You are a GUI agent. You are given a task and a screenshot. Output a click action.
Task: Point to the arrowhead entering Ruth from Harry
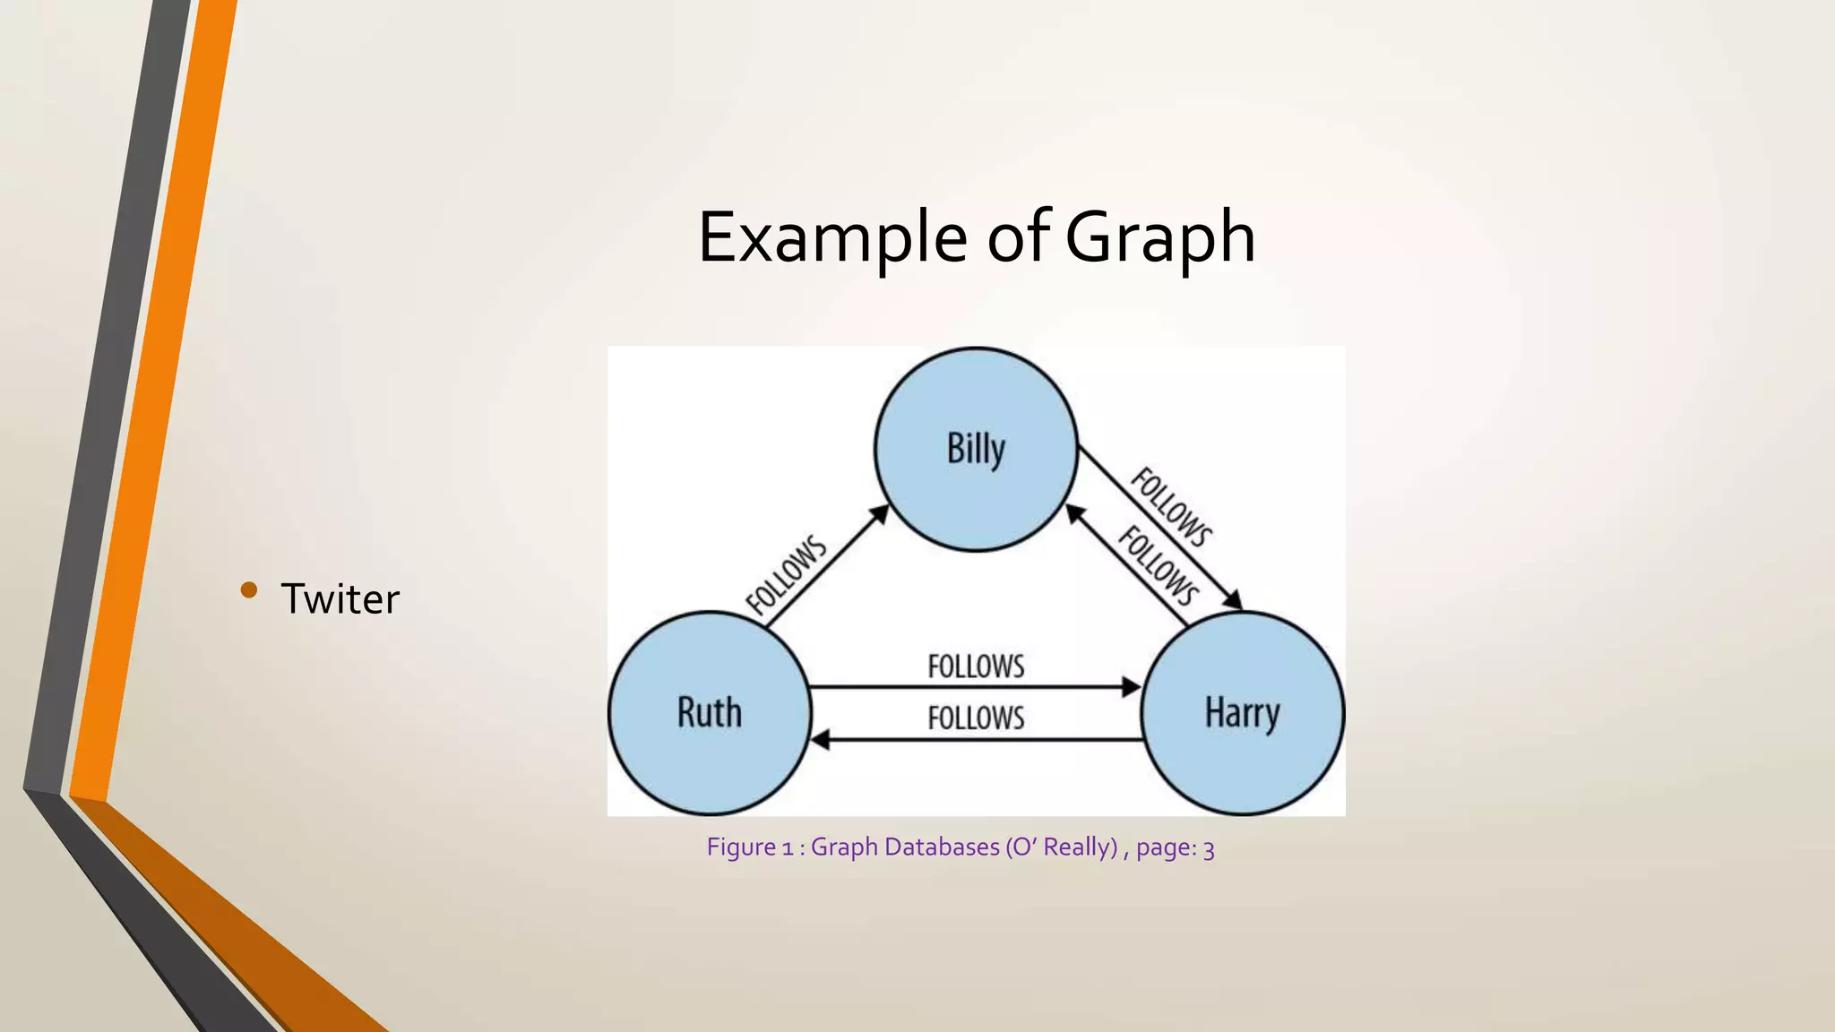coord(820,740)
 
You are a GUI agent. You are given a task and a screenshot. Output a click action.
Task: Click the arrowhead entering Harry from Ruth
coord(1132,687)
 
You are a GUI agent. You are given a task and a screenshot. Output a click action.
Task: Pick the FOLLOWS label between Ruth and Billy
coord(787,575)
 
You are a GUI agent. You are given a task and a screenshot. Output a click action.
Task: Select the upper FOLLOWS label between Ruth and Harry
coord(976,666)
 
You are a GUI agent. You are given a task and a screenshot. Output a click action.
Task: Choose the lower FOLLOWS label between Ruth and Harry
coord(976,718)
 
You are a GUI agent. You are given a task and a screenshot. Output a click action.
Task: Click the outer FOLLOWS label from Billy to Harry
coord(1172,507)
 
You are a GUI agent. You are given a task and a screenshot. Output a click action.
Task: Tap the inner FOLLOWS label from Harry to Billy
coord(1159,566)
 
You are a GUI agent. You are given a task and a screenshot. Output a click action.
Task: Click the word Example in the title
coord(831,237)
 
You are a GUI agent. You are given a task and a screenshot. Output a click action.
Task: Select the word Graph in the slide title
coord(1159,237)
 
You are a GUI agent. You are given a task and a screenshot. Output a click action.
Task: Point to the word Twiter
coord(340,598)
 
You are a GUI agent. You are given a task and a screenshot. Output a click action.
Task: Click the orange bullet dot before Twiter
coord(249,589)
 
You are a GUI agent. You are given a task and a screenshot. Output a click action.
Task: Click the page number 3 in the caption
coord(1209,848)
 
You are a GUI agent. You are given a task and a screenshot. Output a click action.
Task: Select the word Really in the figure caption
coord(1080,847)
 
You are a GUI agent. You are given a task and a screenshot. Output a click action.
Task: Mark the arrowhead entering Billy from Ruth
coord(880,514)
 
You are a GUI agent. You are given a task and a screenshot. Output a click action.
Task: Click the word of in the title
coord(1018,237)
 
